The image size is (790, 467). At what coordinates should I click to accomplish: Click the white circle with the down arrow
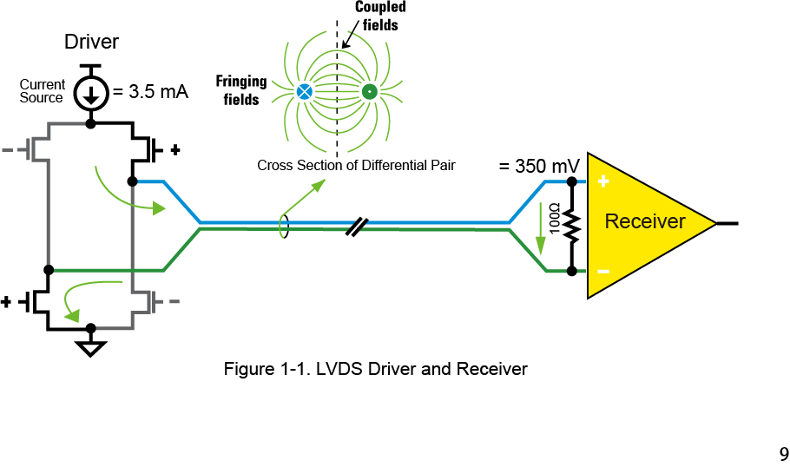point(91,93)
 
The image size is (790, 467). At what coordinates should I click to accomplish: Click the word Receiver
point(644,221)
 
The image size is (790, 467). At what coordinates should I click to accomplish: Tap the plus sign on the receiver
point(603,181)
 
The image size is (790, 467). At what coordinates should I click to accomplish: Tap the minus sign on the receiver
point(603,272)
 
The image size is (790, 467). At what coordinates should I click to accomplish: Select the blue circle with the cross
point(304,91)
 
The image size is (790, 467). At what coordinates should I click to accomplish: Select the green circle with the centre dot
point(369,91)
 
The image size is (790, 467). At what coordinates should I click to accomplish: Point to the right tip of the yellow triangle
point(713,223)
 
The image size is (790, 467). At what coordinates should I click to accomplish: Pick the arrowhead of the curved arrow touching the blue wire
point(158,208)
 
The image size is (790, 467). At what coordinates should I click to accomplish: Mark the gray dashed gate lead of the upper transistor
point(8,150)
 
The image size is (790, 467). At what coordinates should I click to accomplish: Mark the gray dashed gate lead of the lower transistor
point(174,301)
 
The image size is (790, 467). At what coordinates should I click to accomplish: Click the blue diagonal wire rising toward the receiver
point(526,201)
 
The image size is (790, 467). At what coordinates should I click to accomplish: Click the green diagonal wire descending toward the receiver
point(527,250)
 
